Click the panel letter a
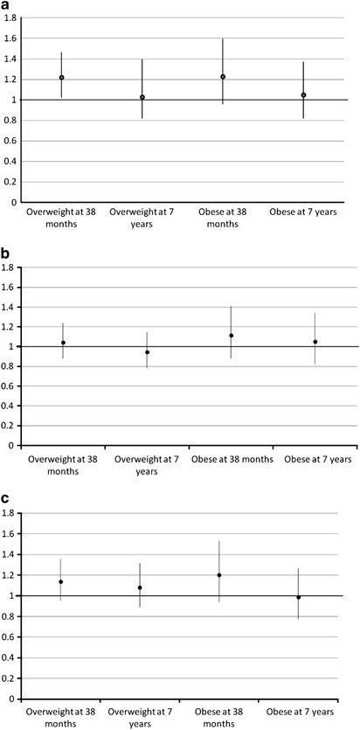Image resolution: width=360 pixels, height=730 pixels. click(6, 6)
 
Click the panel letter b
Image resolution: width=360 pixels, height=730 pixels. click(6, 254)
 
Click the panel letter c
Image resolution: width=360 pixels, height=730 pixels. click(6, 499)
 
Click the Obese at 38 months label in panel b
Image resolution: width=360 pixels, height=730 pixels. click(231, 458)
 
